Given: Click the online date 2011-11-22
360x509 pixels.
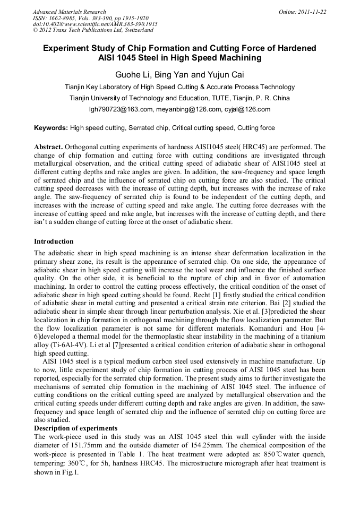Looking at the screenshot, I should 312,12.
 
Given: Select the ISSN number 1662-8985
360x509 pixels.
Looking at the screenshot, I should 63,18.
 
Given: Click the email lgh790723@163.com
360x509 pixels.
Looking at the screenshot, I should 122,109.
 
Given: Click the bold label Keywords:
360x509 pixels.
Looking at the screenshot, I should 51,128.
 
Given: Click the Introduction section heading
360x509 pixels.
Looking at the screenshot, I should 54,241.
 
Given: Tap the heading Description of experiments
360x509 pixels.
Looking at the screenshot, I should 75,428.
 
